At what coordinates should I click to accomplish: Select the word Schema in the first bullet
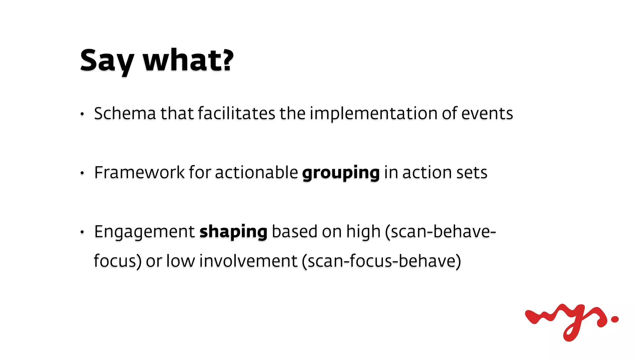pos(125,113)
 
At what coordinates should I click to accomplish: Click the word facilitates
pos(236,113)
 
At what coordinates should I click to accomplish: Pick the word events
pos(487,113)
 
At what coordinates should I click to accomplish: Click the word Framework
pos(139,172)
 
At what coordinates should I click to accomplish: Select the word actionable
pos(256,172)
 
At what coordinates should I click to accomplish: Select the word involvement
pos(248,261)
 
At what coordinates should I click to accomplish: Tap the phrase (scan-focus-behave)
pos(381,261)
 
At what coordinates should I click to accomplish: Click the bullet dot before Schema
pos(82,114)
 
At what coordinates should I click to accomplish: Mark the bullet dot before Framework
pos(82,173)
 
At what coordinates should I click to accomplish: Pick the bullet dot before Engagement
pos(82,232)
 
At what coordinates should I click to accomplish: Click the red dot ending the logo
pos(615,319)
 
